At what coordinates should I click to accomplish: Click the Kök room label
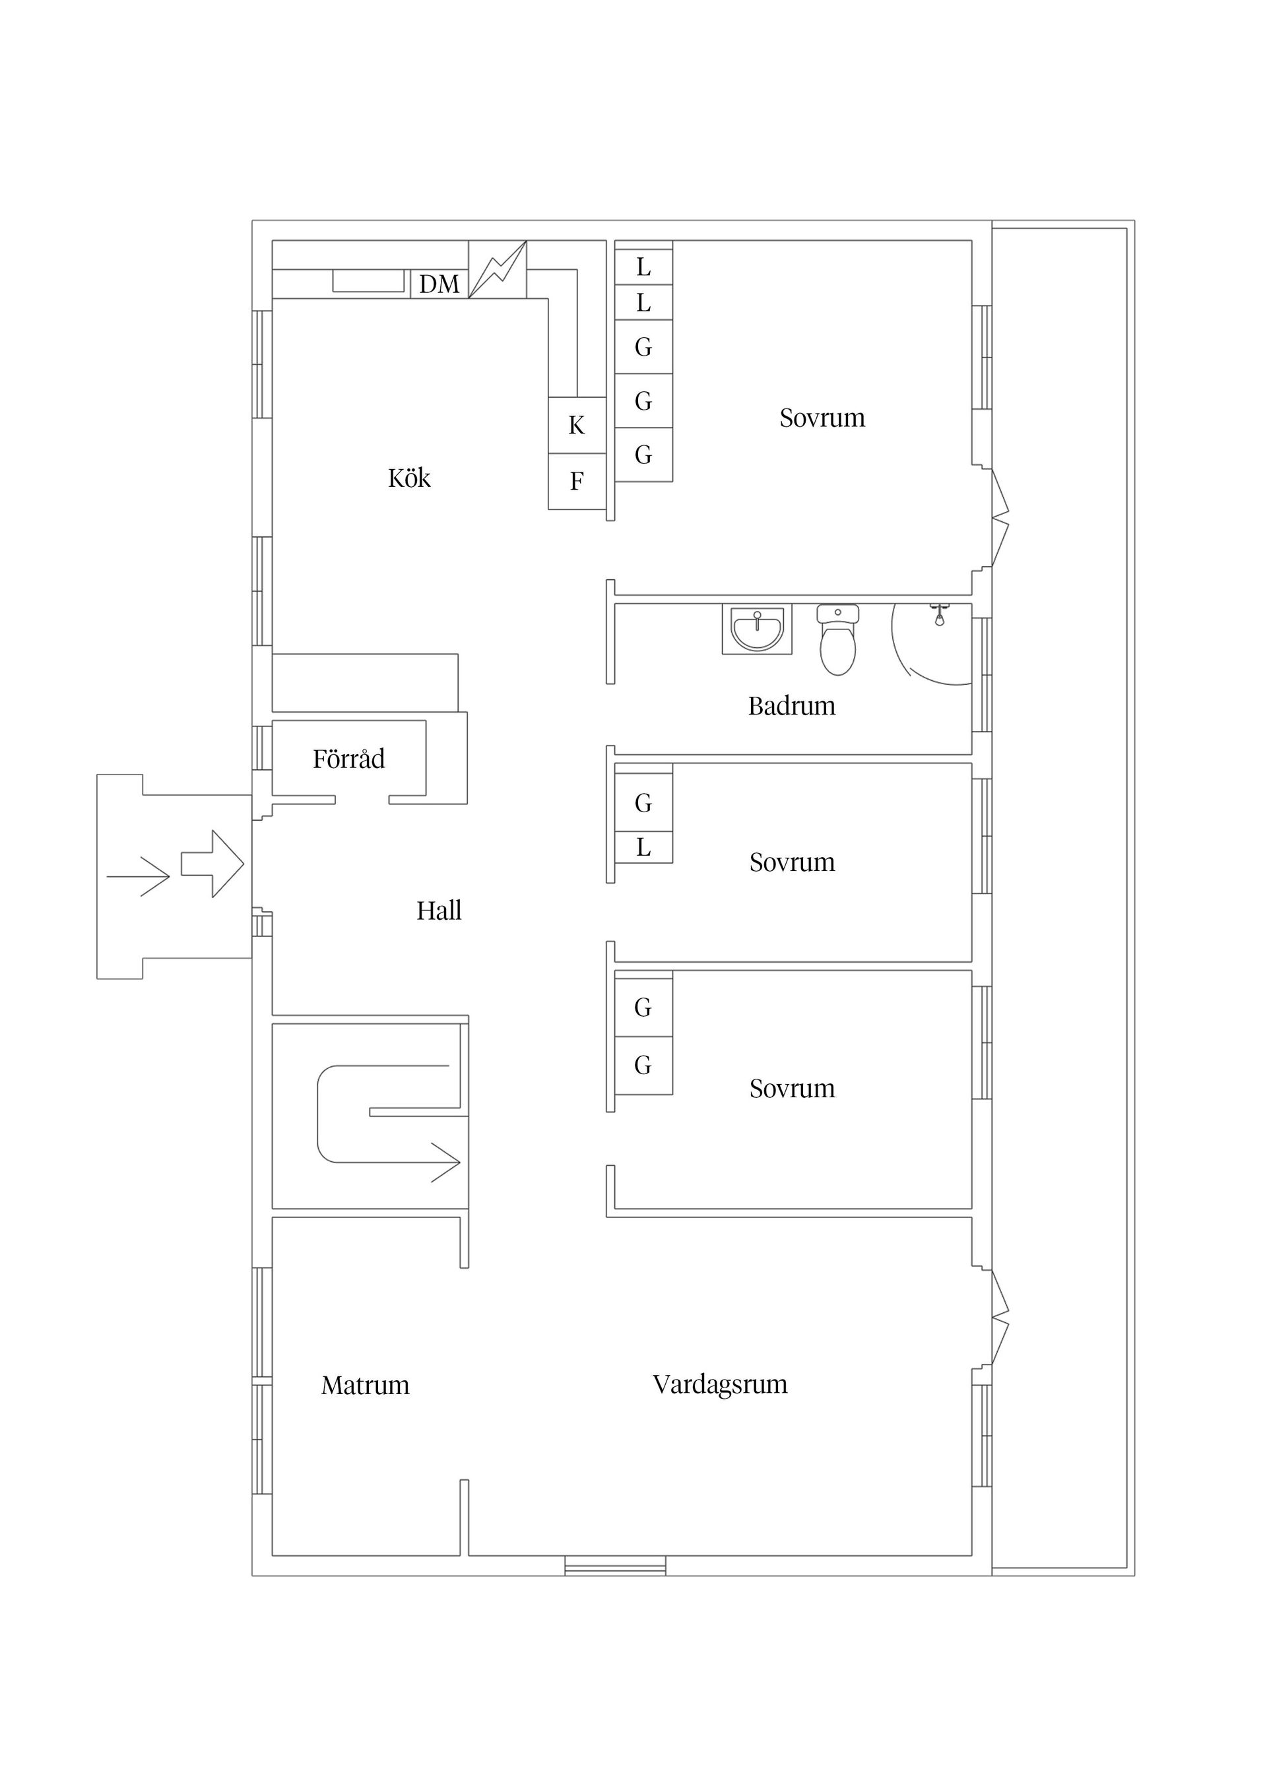(x=409, y=478)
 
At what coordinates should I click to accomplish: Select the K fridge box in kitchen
(x=576, y=426)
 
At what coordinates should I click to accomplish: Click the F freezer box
(x=576, y=482)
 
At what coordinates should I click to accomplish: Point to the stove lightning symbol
(x=498, y=269)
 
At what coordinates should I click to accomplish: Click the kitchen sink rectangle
(x=368, y=280)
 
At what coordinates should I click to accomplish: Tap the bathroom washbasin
(x=756, y=628)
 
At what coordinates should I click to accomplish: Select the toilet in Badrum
(x=837, y=641)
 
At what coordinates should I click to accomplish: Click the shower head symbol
(x=940, y=614)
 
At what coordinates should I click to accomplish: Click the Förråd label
(x=348, y=759)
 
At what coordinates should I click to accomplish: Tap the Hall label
(x=438, y=910)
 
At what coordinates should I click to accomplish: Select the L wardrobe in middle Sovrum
(x=643, y=847)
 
